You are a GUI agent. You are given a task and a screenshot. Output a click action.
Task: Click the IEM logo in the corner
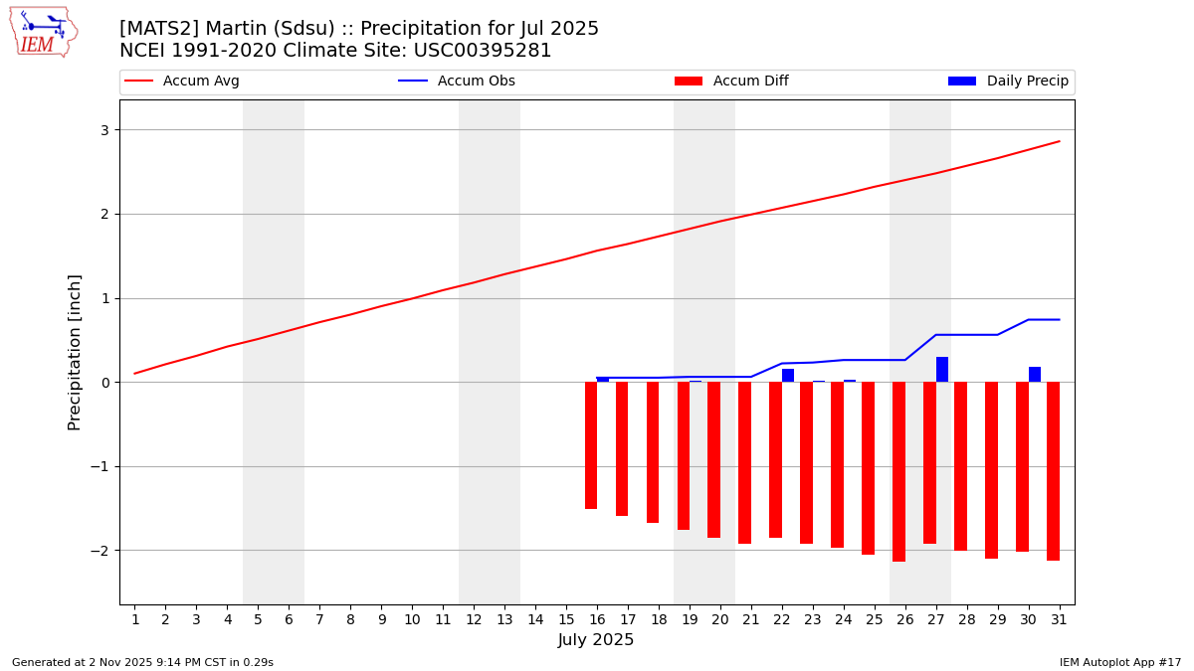click(x=43, y=32)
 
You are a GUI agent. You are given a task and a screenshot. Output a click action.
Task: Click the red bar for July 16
click(x=591, y=445)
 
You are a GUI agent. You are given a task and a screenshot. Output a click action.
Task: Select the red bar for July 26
click(x=898, y=471)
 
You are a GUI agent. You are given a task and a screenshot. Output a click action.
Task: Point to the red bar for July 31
click(x=1053, y=471)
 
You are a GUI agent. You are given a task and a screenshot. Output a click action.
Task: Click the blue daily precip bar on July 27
click(x=942, y=370)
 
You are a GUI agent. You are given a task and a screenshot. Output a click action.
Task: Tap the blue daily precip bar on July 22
click(x=788, y=376)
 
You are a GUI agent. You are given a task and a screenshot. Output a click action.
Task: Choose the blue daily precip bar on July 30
click(x=1035, y=375)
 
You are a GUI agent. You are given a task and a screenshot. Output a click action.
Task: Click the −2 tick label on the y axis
click(x=99, y=551)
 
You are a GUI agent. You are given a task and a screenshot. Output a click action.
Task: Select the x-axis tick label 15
click(x=566, y=619)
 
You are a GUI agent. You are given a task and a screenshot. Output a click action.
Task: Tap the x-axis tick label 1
click(x=135, y=619)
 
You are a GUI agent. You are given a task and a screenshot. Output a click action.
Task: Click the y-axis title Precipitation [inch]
click(x=75, y=352)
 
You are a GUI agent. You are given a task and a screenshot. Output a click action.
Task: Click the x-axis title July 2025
click(x=596, y=640)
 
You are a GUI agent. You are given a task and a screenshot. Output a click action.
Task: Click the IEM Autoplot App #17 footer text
click(x=1120, y=662)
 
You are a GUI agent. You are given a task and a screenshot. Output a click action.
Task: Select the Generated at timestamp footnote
click(x=142, y=662)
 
